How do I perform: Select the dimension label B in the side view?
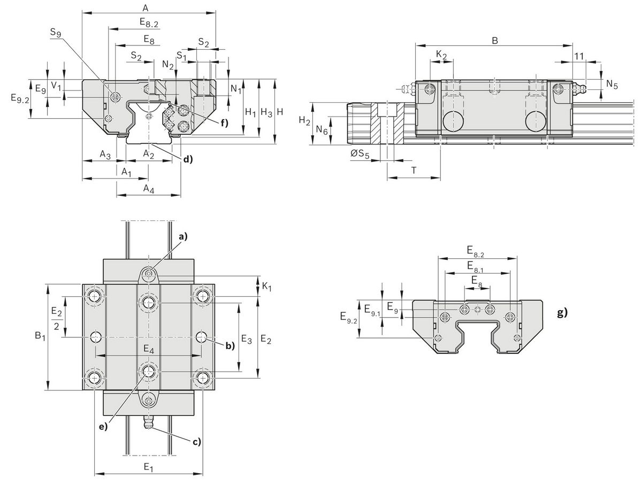coord(495,41)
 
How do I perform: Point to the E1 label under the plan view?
coord(149,467)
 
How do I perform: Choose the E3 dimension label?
coord(246,338)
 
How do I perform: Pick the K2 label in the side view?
coord(441,55)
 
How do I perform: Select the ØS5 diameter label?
coord(363,155)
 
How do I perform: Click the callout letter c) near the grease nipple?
coord(196,441)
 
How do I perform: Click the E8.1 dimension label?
coord(476,265)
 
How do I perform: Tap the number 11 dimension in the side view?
coord(579,56)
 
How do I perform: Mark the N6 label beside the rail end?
coord(320,130)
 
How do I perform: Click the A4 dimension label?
coord(149,188)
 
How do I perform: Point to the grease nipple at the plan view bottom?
coord(149,421)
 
